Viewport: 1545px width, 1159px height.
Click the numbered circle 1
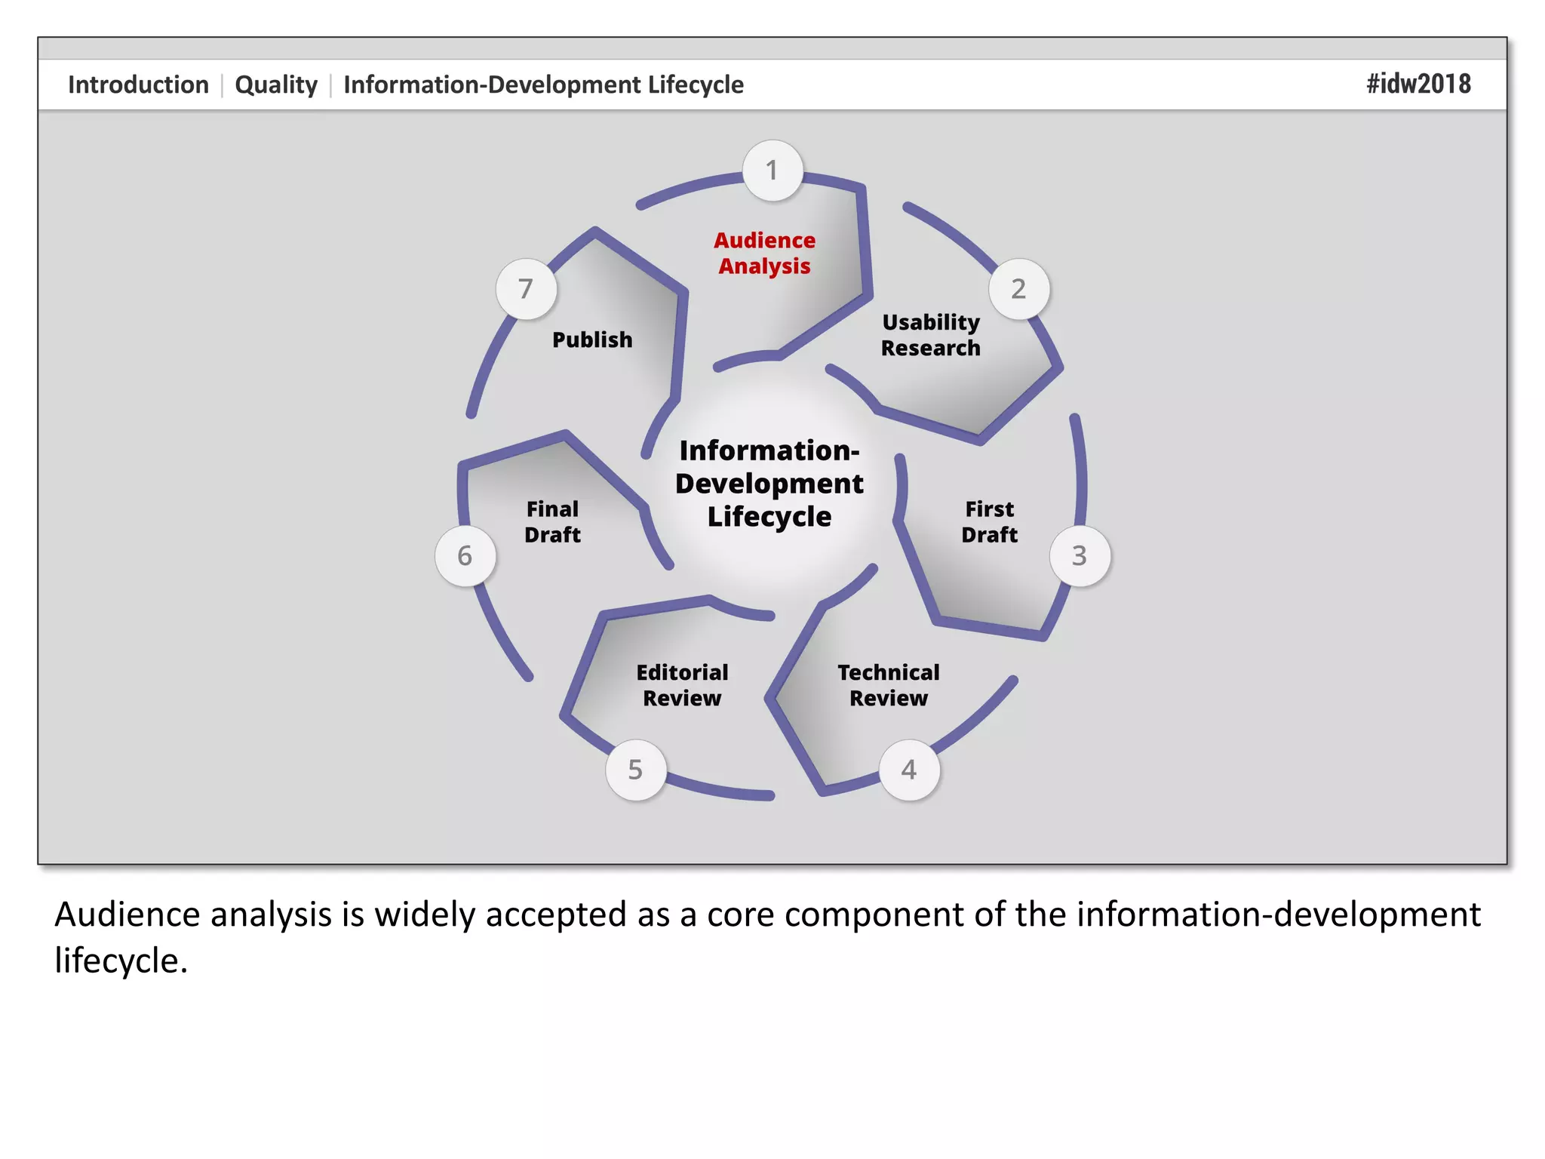pyautogui.click(x=772, y=171)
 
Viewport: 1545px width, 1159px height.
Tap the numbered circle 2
pyautogui.click(x=1018, y=289)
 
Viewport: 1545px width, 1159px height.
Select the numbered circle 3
pyautogui.click(x=1080, y=556)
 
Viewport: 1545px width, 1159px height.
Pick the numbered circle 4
pyautogui.click(x=909, y=770)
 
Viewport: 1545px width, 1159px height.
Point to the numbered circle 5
pyautogui.click(x=636, y=770)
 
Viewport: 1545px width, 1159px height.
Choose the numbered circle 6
pyautogui.click(x=465, y=556)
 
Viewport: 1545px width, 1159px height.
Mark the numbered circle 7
pyautogui.click(x=526, y=289)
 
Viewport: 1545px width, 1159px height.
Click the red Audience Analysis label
pyautogui.click(x=764, y=254)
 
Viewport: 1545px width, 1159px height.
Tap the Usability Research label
pyautogui.click(x=931, y=335)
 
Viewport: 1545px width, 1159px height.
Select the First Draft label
pyautogui.click(x=989, y=522)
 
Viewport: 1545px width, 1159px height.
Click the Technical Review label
pyautogui.click(x=889, y=685)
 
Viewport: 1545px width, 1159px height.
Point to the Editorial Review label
pyautogui.click(x=682, y=685)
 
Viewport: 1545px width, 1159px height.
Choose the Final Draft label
pyautogui.click(x=552, y=522)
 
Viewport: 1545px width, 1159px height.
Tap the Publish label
pyautogui.click(x=592, y=340)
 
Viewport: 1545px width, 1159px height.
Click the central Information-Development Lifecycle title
pyautogui.click(x=769, y=484)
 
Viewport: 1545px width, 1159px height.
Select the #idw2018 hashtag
pyautogui.click(x=1418, y=84)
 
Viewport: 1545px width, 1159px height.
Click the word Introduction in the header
pyautogui.click(x=138, y=85)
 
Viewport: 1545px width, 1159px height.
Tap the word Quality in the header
pyautogui.click(x=276, y=85)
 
